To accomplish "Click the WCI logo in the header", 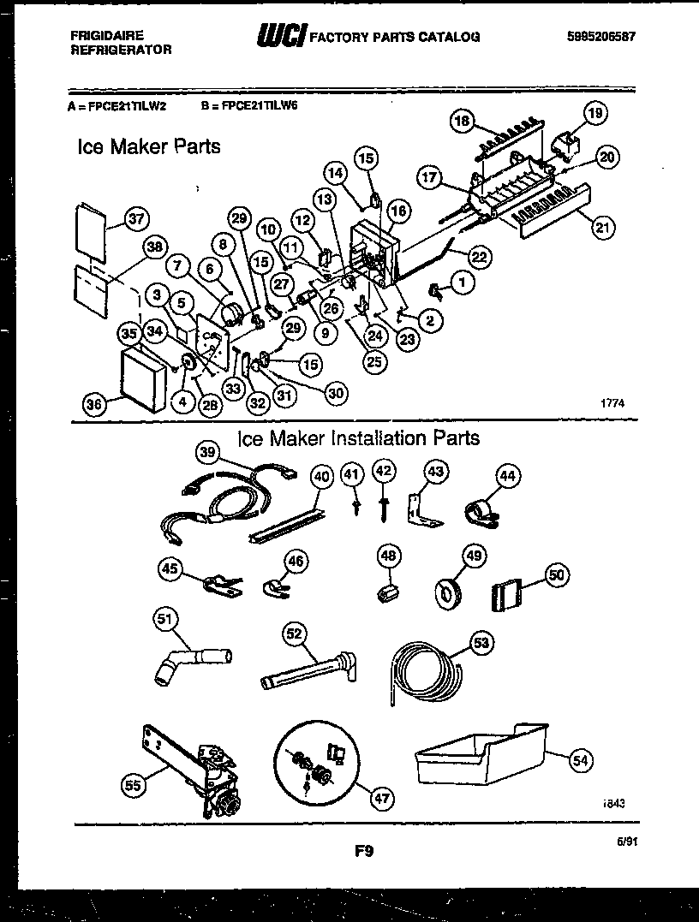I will [x=280, y=36].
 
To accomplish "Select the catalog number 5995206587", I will [x=602, y=36].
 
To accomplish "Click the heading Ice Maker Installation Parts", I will [x=358, y=438].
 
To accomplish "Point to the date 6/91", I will [x=627, y=842].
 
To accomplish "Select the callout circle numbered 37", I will [x=134, y=219].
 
